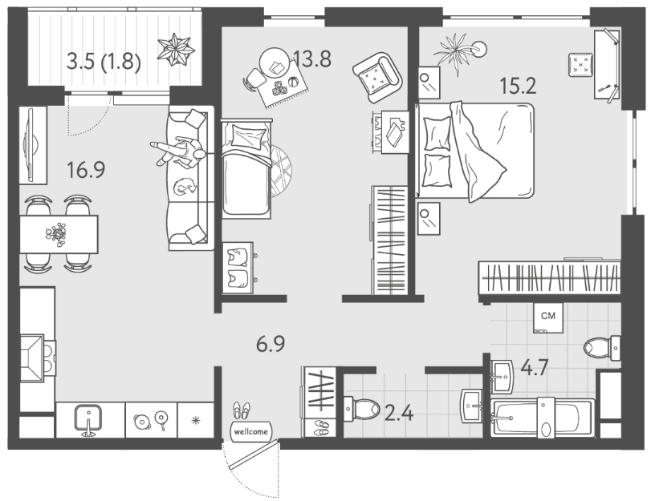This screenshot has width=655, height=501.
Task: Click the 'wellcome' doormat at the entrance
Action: (250, 431)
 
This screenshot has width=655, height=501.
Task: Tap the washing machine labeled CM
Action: (548, 318)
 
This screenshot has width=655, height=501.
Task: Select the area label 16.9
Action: (86, 170)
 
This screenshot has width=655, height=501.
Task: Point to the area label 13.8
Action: (312, 59)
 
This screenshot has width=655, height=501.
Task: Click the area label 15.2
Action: (518, 87)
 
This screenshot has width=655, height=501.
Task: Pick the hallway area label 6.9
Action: (271, 345)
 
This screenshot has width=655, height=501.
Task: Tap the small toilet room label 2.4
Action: (399, 414)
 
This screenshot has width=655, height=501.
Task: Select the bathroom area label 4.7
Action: (535, 368)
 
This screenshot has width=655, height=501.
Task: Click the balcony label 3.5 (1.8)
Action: (104, 63)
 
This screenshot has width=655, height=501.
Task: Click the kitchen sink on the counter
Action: (88, 419)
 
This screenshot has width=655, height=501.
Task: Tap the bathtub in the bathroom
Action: (543, 418)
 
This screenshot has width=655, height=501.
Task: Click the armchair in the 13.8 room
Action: (377, 77)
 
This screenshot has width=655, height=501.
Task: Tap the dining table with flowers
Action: (59, 234)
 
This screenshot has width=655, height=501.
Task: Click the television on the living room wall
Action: (31, 145)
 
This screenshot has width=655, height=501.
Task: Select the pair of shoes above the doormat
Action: (242, 410)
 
